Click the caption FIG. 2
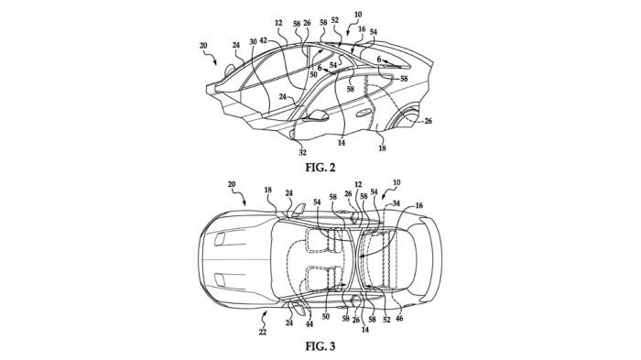[x=320, y=168]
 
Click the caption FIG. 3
[x=320, y=346]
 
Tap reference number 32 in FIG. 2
[x=302, y=153]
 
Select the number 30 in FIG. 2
[x=253, y=42]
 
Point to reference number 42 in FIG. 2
[x=264, y=40]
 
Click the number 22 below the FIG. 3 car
[x=263, y=332]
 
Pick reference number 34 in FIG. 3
[x=396, y=203]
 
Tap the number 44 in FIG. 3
[x=310, y=323]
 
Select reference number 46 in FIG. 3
[x=399, y=318]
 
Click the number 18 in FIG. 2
[x=382, y=148]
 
